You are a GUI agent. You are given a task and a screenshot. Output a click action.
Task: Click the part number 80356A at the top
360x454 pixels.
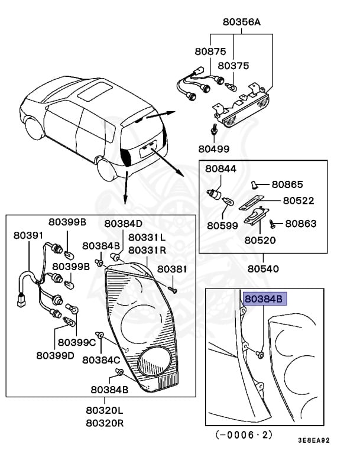241,22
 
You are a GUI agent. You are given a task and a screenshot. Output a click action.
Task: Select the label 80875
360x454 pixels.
210,51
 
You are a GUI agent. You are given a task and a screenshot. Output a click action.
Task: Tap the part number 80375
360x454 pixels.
233,66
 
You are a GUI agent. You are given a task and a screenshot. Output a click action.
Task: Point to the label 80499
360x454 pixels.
214,148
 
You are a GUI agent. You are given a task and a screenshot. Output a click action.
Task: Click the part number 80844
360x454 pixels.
221,168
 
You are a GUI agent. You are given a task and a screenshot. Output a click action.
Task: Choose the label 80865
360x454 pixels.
287,184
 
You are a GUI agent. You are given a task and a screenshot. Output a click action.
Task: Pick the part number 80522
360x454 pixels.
298,201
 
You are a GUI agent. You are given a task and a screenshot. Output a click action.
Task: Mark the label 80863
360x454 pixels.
301,224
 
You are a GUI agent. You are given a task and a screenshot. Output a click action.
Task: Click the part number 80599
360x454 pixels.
222,225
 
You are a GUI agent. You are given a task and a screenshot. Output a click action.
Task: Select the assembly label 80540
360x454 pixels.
263,269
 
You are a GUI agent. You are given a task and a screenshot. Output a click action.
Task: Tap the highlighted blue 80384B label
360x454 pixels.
264,299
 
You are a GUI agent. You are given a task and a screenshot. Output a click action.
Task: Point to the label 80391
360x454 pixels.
29,235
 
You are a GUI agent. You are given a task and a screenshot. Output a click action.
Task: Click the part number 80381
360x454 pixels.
171,269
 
